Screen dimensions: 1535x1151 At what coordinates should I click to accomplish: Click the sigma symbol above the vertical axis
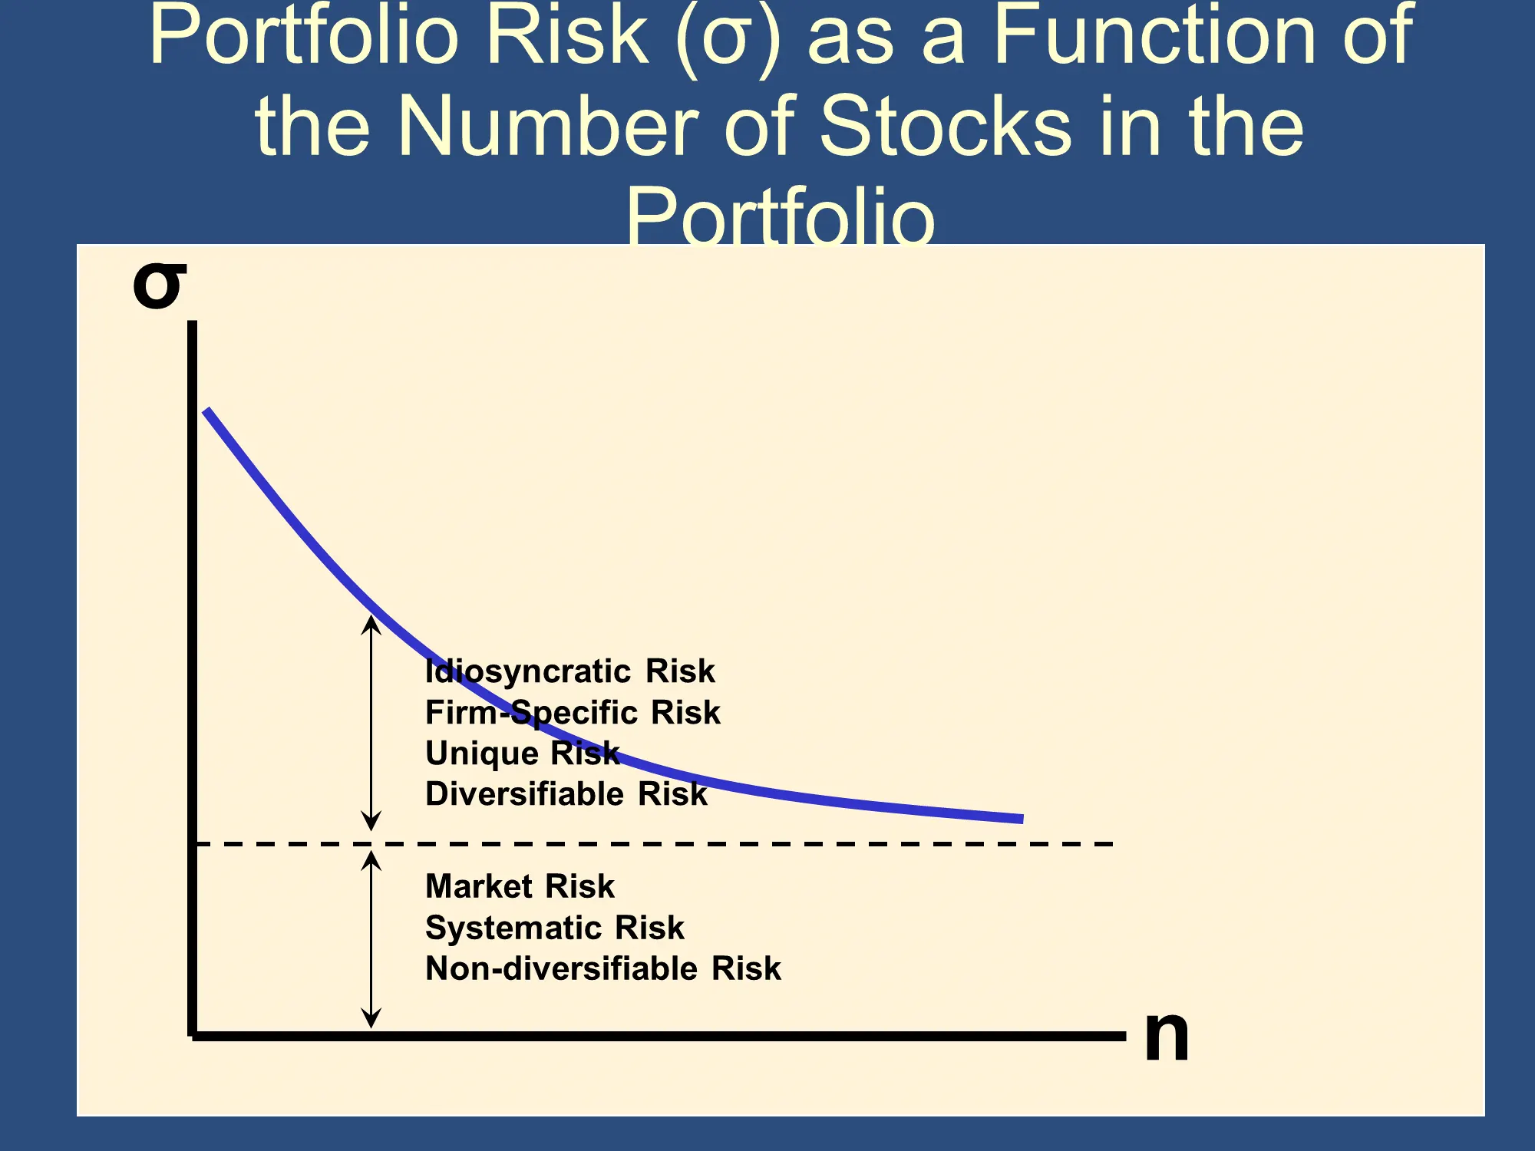tap(160, 286)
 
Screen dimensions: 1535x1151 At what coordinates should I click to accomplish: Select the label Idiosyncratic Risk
tap(569, 671)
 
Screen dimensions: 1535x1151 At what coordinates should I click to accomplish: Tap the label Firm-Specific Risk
tap(573, 713)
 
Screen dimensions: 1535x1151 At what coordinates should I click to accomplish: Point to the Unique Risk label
tap(522, 754)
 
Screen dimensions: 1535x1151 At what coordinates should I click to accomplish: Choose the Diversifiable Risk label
tap(566, 794)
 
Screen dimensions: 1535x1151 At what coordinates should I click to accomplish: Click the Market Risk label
tap(520, 886)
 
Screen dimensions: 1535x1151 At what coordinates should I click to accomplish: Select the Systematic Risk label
tap(554, 928)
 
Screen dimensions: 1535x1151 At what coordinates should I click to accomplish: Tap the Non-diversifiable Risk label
tap(603, 968)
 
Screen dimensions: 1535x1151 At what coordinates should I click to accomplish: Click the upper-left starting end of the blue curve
tap(206, 411)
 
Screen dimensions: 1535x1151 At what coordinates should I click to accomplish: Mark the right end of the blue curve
tap(1022, 819)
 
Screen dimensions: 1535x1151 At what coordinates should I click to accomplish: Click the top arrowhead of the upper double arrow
tap(371, 616)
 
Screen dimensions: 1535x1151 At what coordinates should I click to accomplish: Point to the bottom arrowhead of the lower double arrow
tap(371, 1027)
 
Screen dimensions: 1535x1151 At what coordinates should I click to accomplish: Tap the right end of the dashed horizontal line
tap(1112, 844)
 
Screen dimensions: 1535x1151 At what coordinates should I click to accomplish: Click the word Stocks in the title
tap(946, 126)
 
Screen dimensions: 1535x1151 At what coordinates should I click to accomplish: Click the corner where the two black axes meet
tap(193, 1036)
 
